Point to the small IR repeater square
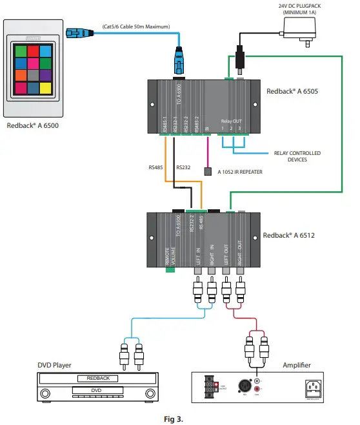coord(208,172)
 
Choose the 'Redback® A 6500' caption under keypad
coord(32,125)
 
